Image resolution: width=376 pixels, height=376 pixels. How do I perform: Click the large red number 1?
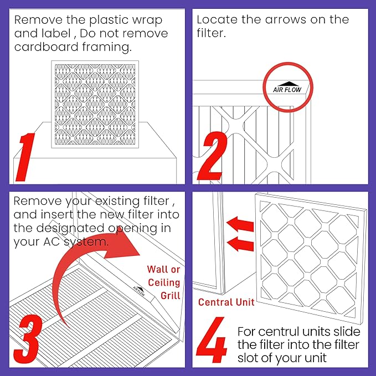tap(25, 157)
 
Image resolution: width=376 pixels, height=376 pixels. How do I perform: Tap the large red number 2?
tap(212, 156)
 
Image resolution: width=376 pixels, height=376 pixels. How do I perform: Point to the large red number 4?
tap(212, 340)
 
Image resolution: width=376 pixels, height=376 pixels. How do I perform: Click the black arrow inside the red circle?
tap(289, 84)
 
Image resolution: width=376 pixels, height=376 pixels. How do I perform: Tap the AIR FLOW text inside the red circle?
tap(287, 90)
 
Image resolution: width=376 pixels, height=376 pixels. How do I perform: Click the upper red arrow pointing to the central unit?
tap(240, 224)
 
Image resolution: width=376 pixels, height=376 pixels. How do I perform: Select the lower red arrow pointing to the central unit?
tap(240, 244)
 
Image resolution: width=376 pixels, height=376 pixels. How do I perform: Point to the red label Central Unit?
tap(226, 302)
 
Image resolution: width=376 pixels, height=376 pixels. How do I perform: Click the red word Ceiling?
tap(164, 282)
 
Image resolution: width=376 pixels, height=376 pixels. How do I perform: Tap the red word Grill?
tap(170, 296)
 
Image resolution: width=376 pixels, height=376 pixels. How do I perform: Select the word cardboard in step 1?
tap(47, 47)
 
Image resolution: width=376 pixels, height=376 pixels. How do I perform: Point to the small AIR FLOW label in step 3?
tap(140, 291)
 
